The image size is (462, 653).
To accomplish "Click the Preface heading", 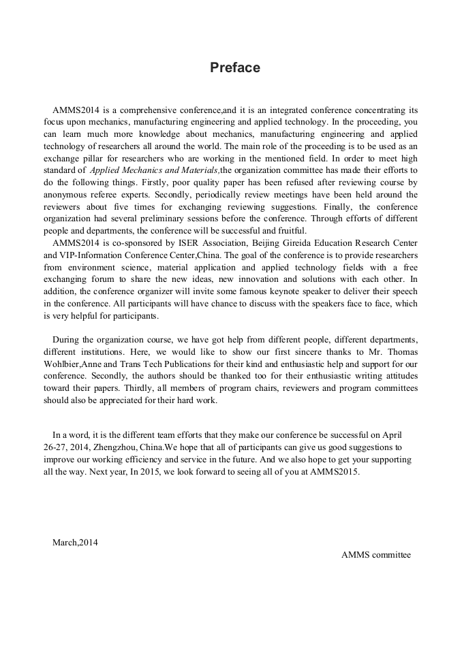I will click(x=234, y=67).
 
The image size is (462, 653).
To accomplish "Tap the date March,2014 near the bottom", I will click(x=75, y=542).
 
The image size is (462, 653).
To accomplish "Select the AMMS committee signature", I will click(x=376, y=554).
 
